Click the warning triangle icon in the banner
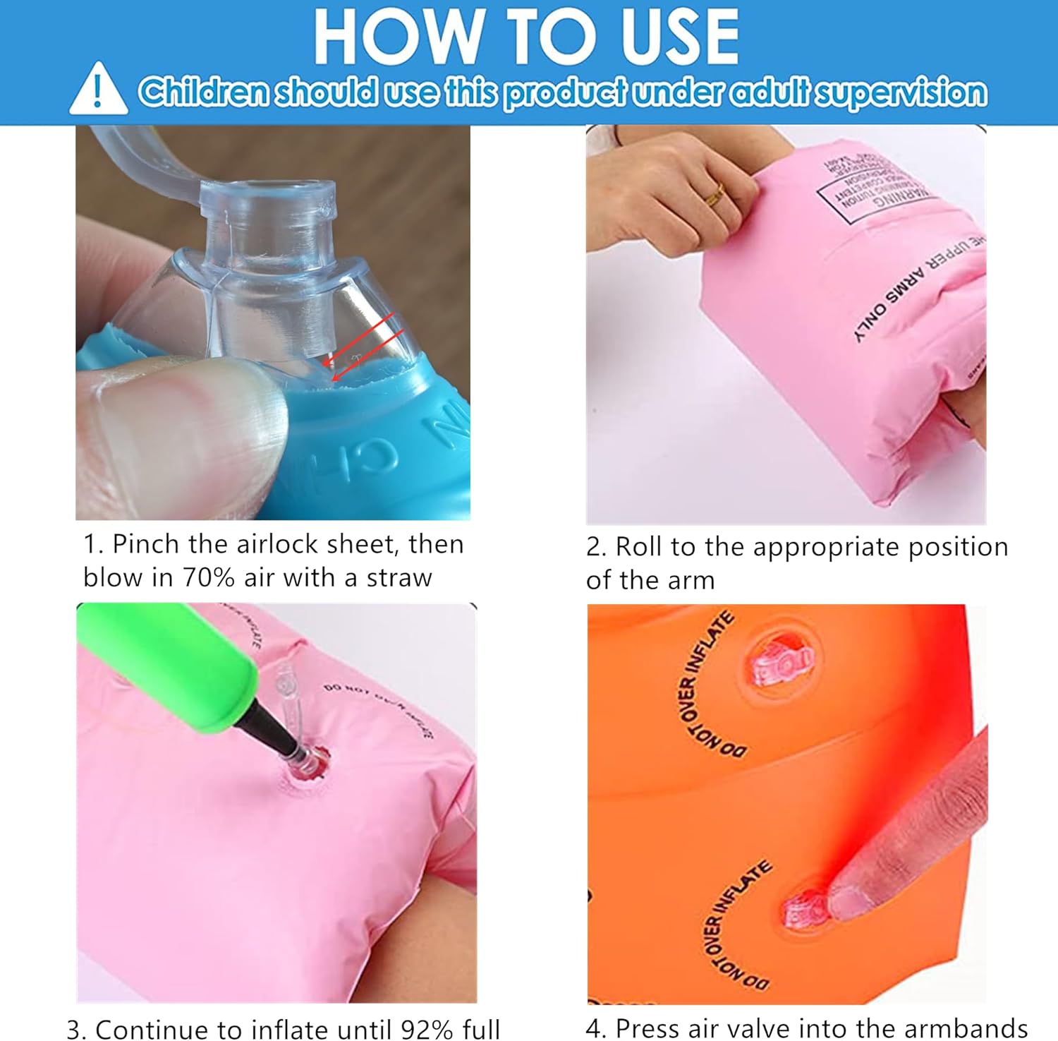click(98, 90)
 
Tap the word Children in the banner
click(203, 92)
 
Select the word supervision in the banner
click(901, 92)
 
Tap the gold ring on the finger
click(715, 193)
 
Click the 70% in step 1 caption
click(209, 578)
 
